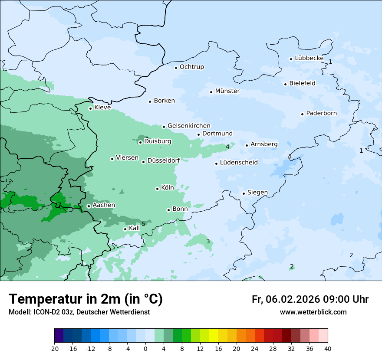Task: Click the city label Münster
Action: click(x=227, y=91)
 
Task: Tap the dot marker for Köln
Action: click(x=157, y=189)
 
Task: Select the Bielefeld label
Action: click(x=302, y=83)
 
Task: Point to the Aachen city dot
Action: click(x=89, y=206)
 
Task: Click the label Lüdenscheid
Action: click(x=239, y=163)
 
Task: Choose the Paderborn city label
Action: click(x=321, y=113)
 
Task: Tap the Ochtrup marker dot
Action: click(x=176, y=67)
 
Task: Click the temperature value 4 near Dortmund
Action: click(x=227, y=147)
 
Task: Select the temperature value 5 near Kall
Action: click(x=143, y=224)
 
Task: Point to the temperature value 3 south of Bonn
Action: click(x=208, y=241)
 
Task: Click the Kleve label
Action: click(x=102, y=108)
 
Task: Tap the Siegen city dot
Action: click(x=244, y=193)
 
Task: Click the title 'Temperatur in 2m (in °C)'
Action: click(x=86, y=299)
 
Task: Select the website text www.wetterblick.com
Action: click(x=313, y=312)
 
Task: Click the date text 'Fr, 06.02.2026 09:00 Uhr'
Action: click(x=310, y=299)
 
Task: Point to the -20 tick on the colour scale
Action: click(x=54, y=348)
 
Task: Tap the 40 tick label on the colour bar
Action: click(x=328, y=348)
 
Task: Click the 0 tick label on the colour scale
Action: click(x=145, y=348)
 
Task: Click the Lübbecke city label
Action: click(x=309, y=58)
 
